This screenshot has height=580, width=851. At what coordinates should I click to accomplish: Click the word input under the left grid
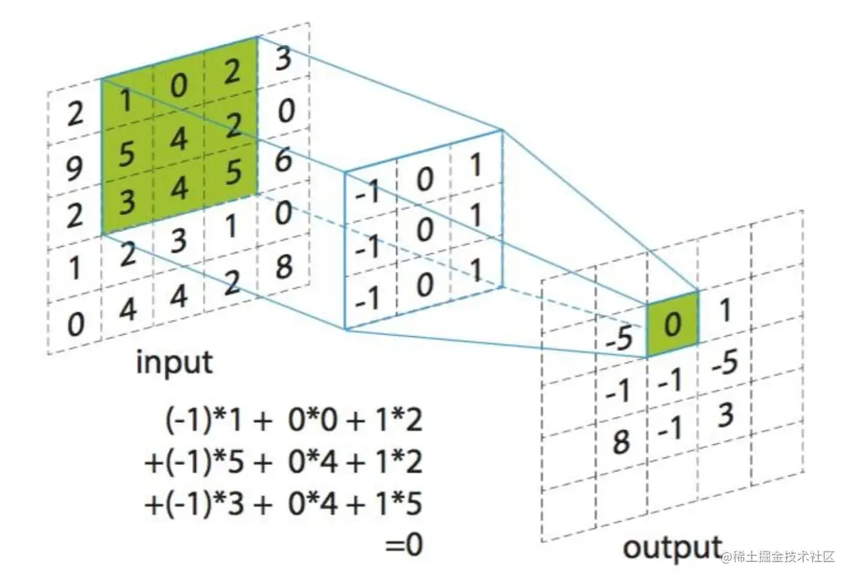pos(174,363)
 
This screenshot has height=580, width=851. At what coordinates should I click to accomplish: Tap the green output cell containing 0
pos(672,325)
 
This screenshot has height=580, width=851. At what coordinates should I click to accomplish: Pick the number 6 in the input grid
pos(282,162)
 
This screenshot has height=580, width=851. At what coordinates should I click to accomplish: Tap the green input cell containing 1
pos(127,104)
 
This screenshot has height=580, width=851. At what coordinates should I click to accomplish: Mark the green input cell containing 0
pos(178,87)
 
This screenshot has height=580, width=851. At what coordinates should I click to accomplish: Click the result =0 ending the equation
pos(404,546)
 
